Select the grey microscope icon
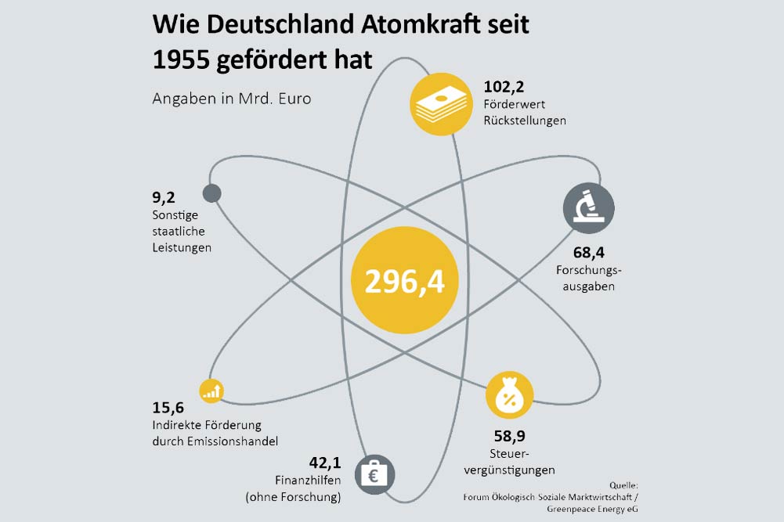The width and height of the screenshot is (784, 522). [588, 208]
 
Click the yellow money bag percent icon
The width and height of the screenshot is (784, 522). [509, 396]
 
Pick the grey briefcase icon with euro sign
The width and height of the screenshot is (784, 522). [374, 473]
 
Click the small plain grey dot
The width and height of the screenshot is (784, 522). [211, 193]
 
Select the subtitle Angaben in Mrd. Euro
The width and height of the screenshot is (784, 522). [231, 99]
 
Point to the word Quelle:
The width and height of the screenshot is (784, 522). [623, 485]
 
